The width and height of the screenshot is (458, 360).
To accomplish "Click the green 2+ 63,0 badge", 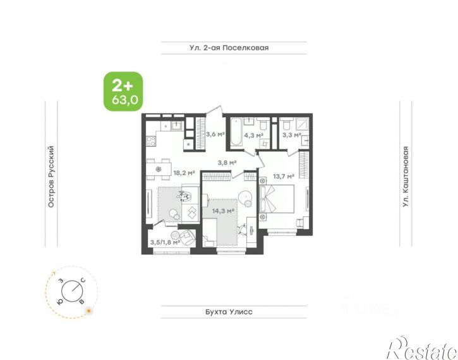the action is click(x=123, y=91).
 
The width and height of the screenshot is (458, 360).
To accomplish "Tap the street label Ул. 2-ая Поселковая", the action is click(x=229, y=47).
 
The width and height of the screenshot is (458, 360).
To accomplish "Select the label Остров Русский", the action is click(x=51, y=177).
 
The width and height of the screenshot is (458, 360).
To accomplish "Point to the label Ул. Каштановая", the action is click(x=406, y=177).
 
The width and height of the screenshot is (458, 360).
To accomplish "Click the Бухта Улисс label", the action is click(x=229, y=312).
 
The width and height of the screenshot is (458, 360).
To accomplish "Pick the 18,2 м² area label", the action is click(x=184, y=173).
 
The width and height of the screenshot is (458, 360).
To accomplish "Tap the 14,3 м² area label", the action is click(x=224, y=211).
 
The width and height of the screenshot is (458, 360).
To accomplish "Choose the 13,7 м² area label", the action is click(x=284, y=177).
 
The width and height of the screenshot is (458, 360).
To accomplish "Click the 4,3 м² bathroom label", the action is click(x=253, y=135).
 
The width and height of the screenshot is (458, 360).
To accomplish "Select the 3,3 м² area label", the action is click(x=291, y=135).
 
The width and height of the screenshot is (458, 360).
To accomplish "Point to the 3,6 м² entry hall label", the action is click(x=215, y=134).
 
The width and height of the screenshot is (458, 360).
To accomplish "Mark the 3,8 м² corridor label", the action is click(x=227, y=163).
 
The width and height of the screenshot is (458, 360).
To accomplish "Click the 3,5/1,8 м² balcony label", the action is click(x=165, y=242).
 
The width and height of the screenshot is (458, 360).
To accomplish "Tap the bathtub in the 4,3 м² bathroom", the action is click(x=236, y=132).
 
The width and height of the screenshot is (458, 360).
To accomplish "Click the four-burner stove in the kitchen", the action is click(x=151, y=142).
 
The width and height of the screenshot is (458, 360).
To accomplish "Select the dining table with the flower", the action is click(x=159, y=169).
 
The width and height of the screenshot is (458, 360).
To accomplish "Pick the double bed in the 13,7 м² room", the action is click(x=277, y=199).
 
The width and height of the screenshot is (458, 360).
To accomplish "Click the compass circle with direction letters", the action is click(x=72, y=291).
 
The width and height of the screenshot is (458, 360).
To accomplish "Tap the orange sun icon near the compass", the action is click(x=89, y=311).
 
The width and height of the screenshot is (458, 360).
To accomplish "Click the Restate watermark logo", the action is click(x=423, y=348).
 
